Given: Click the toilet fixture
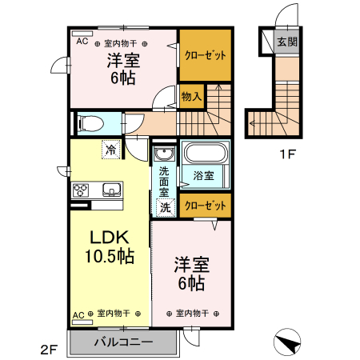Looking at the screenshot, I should (89, 123).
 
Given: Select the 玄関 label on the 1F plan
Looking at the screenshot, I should (286, 42).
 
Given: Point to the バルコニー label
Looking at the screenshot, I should (124, 343).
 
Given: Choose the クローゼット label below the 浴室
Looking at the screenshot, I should (204, 206).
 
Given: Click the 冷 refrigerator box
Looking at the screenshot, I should (109, 149).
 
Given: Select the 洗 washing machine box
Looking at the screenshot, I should (164, 207).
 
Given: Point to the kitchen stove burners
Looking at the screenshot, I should (82, 190).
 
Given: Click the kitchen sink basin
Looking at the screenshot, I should (110, 190).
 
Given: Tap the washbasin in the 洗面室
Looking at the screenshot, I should (165, 154).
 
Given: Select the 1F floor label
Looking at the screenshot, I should (286, 156).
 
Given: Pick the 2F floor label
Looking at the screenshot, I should (50, 349).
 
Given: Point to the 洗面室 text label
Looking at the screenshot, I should (164, 181).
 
